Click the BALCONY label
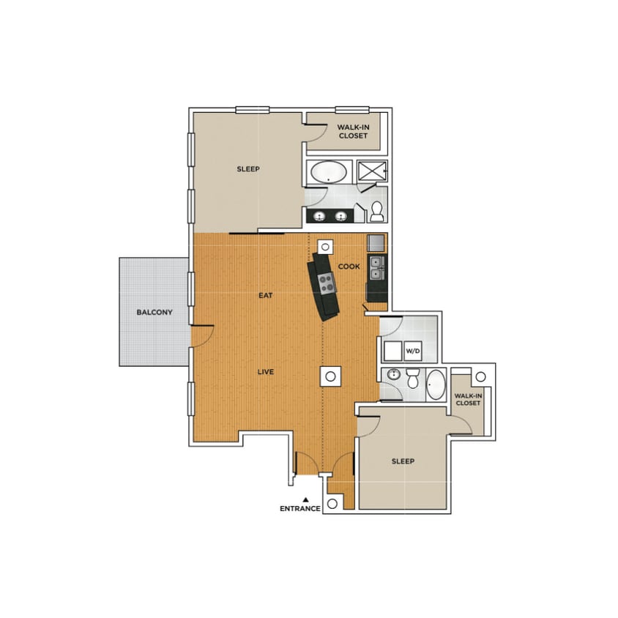click(154, 313)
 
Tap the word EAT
click(265, 296)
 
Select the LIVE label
click(265, 372)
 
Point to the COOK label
click(349, 267)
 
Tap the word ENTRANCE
click(300, 509)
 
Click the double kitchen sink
click(376, 267)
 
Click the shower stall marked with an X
click(371, 172)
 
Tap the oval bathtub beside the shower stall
click(329, 173)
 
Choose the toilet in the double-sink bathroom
click(377, 212)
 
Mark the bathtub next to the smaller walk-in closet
click(436, 384)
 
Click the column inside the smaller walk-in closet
click(480, 376)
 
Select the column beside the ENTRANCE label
click(332, 504)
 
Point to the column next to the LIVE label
click(330, 376)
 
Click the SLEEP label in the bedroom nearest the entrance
click(403, 461)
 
